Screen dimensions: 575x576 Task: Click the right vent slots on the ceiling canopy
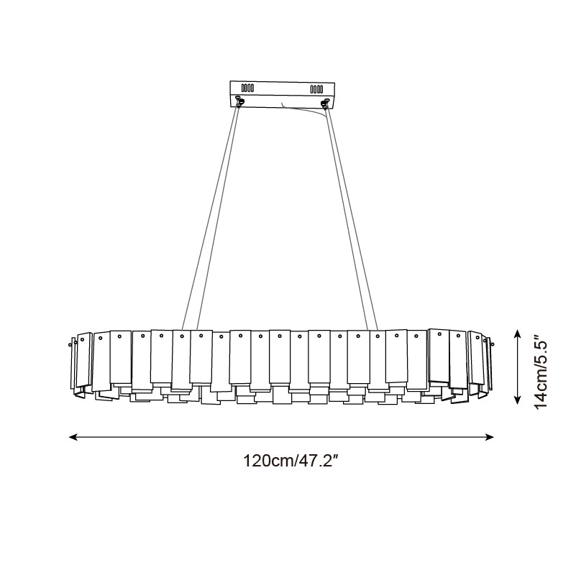point(316,89)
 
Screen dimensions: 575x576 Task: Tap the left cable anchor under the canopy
point(239,102)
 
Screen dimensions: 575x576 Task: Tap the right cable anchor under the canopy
point(326,102)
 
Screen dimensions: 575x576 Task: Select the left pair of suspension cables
point(212,216)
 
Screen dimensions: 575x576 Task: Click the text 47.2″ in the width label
point(316,461)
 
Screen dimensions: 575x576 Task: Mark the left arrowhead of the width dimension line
point(73,436)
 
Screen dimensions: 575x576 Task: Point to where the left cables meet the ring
point(189,331)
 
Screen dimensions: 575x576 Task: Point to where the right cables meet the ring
point(372,331)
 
